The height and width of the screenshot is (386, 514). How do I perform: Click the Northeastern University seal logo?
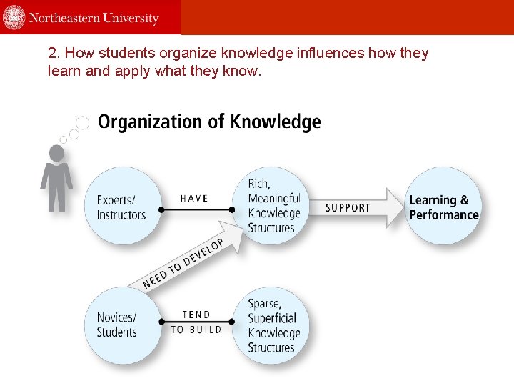click(14, 17)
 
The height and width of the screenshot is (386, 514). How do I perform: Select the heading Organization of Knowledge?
click(209, 122)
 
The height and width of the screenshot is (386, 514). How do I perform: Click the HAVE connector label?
click(193, 199)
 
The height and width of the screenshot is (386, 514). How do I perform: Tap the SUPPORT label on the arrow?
click(348, 208)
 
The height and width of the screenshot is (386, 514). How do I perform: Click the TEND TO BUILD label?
click(196, 322)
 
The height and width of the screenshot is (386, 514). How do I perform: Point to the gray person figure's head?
click(56, 153)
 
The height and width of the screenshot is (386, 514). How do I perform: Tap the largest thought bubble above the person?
click(83, 122)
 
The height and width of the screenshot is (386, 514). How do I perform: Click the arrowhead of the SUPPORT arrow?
click(395, 207)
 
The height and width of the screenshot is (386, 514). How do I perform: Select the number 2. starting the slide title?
click(52, 54)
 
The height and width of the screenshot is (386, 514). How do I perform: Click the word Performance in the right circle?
click(444, 214)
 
